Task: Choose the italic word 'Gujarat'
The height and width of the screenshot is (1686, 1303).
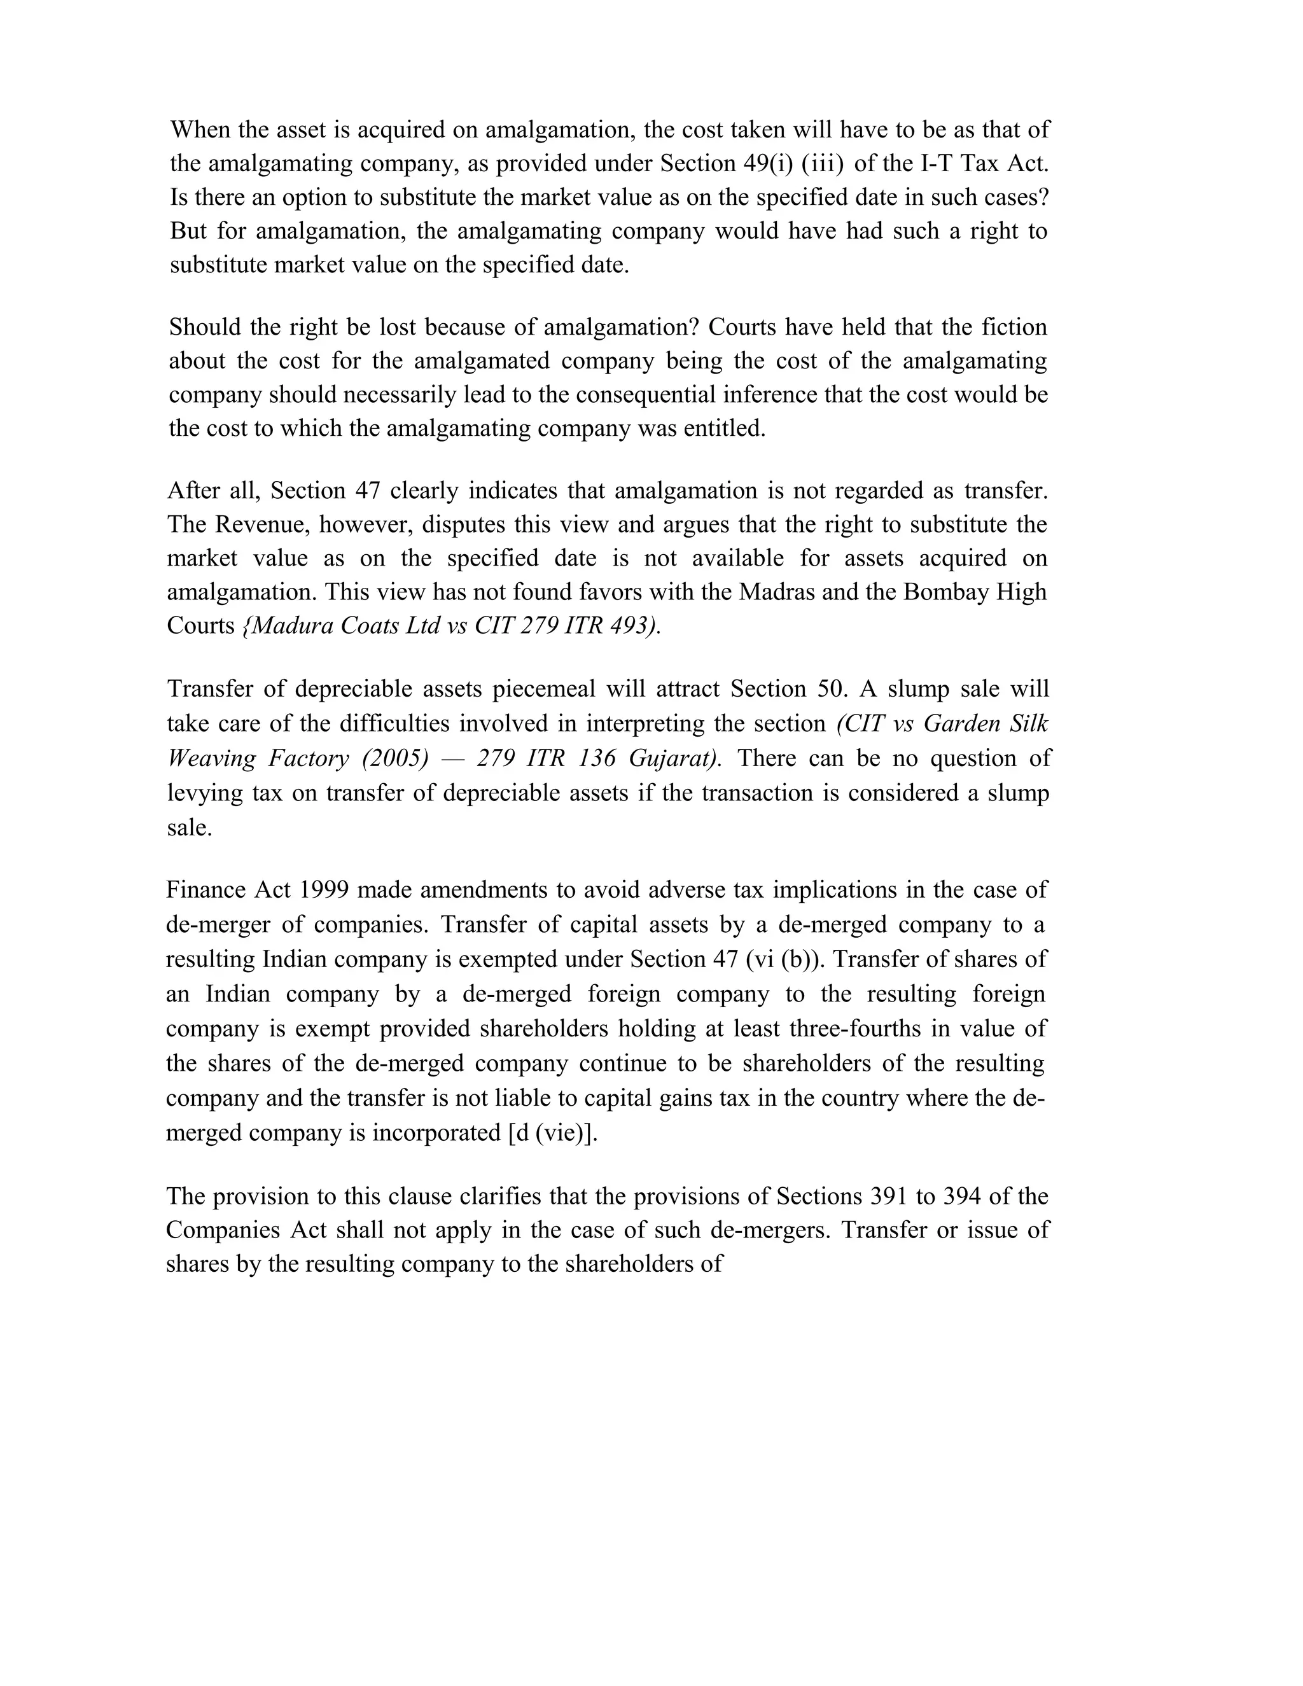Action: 673,758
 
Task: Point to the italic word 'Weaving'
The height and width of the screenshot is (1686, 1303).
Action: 211,758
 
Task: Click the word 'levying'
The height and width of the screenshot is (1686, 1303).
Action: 202,793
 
